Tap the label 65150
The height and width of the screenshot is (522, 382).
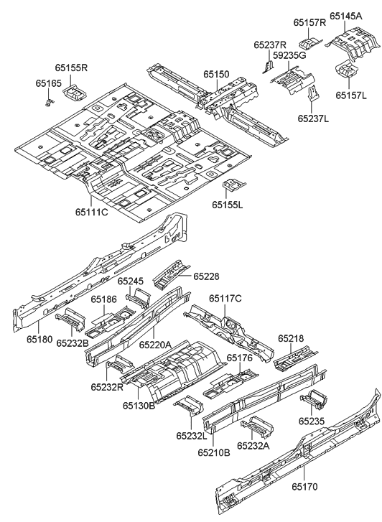(215, 74)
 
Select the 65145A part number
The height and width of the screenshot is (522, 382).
(346, 15)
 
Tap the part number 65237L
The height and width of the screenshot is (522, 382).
(313, 118)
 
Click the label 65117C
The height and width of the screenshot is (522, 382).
(225, 298)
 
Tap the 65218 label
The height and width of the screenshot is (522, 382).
(291, 338)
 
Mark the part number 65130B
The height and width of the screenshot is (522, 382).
(138, 406)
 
